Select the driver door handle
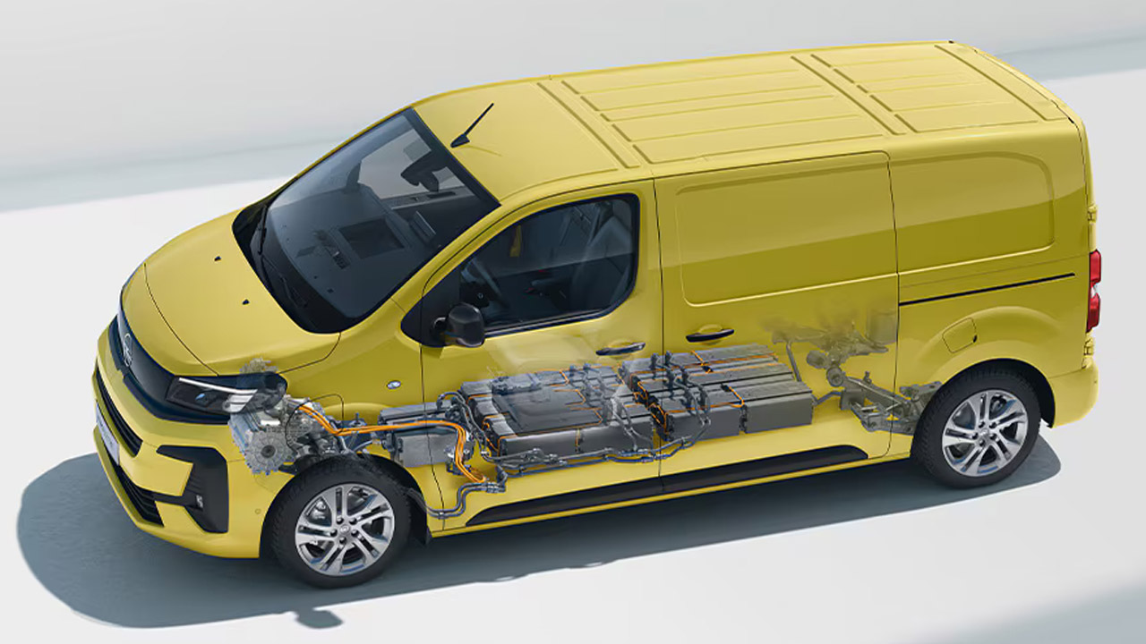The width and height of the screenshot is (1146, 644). (x=620, y=348)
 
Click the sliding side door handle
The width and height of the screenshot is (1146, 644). (x=709, y=335)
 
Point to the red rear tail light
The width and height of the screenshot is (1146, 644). (x=1093, y=291)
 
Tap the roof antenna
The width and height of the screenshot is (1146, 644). (x=472, y=125)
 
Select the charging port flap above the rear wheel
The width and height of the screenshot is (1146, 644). (x=959, y=335)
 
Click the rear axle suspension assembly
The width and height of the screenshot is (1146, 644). (x=859, y=376)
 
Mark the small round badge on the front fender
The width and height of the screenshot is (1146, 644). (x=394, y=385)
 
